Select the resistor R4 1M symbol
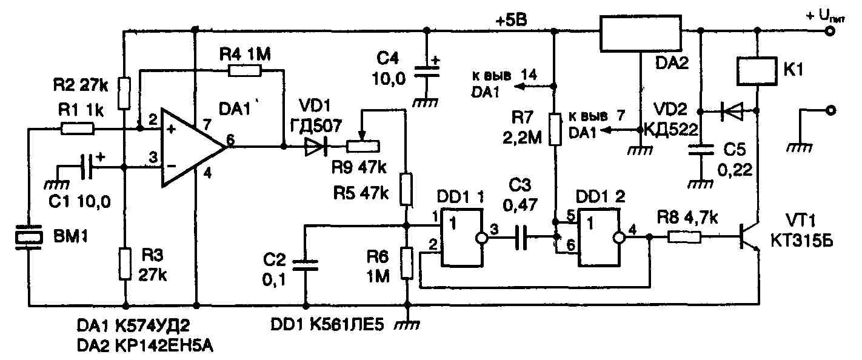pyautogui.click(x=246, y=70)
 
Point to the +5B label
pyautogui.click(x=511, y=19)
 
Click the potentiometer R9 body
pyautogui.click(x=362, y=145)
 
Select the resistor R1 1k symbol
pyautogui.click(x=78, y=128)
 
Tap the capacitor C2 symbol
pyautogui.click(x=305, y=264)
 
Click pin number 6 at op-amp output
pyautogui.click(x=229, y=139)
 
